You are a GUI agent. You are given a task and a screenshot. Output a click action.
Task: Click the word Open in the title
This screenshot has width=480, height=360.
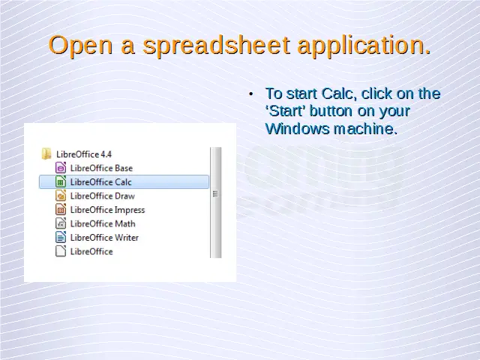point(81,45)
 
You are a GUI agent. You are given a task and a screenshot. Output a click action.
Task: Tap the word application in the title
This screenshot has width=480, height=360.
point(364,45)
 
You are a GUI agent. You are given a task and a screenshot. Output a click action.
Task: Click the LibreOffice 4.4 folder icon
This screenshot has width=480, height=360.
point(46,154)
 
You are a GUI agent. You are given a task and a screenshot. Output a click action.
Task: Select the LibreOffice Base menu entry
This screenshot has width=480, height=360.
point(94,168)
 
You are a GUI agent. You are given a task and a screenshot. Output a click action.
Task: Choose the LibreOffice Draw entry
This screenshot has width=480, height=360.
point(95,196)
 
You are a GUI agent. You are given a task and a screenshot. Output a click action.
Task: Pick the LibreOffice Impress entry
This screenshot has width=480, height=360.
point(100,210)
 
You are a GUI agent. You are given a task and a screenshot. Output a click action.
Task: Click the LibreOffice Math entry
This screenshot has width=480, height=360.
point(95,223)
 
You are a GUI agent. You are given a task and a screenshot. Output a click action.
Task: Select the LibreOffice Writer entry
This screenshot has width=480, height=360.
point(97,238)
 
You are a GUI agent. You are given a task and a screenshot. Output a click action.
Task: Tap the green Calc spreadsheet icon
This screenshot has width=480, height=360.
point(61,181)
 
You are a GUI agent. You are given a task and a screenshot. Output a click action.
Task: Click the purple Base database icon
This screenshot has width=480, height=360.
point(61,168)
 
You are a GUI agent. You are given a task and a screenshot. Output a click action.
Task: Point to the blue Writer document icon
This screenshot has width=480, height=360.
point(61,238)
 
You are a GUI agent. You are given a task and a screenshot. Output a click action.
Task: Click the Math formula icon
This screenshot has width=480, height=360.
point(61,223)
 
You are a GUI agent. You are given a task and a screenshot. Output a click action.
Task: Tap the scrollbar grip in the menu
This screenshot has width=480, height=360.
point(215,193)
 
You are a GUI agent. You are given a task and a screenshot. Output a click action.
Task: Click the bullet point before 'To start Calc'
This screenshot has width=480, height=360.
point(251,94)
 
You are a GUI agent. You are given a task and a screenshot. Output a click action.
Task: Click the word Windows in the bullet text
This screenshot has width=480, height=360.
point(297,128)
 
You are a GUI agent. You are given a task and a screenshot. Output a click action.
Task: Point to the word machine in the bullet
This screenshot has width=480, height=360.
point(365,128)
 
